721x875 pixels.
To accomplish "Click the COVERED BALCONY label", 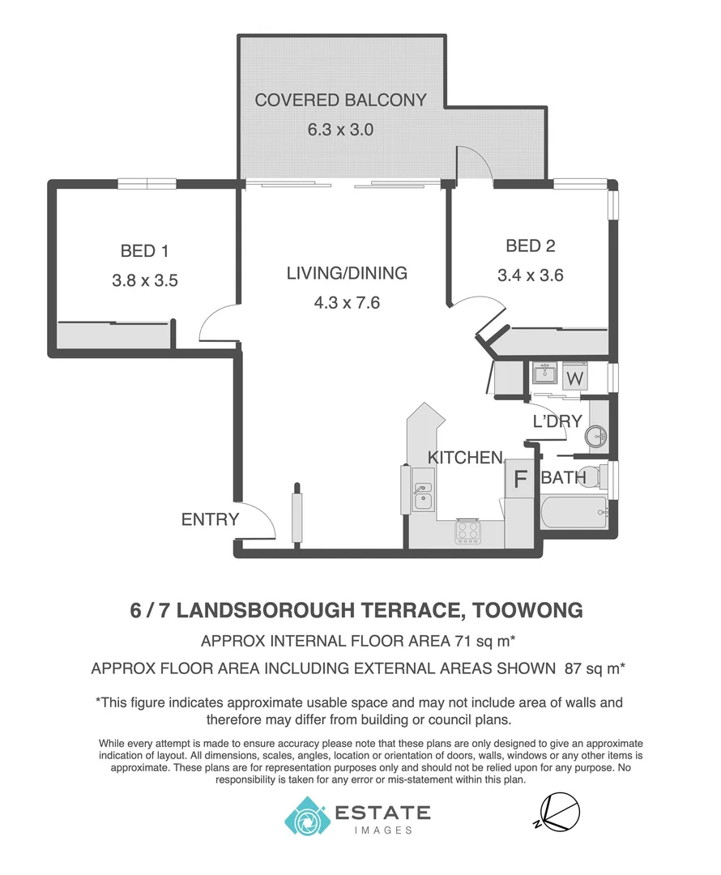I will pos(340,100).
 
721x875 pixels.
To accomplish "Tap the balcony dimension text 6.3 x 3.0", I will pos(340,129).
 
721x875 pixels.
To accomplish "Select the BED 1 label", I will pos(144,251).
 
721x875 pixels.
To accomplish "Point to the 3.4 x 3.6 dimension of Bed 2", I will pos(530,275).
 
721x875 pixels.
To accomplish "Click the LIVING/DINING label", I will pos(347,273).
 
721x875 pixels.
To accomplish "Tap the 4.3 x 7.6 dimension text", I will pos(347,303).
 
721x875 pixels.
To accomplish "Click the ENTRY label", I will pos(210,519).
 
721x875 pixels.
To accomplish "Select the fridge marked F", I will pos(519,479).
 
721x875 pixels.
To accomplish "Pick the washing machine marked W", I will pos(574,378).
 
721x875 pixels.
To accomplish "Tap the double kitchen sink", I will pos(422,495).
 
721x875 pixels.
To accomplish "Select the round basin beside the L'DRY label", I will pos(598,437).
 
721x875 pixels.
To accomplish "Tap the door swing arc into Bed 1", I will pos(215,324).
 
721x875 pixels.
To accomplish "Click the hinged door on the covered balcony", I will pos(473,164).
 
